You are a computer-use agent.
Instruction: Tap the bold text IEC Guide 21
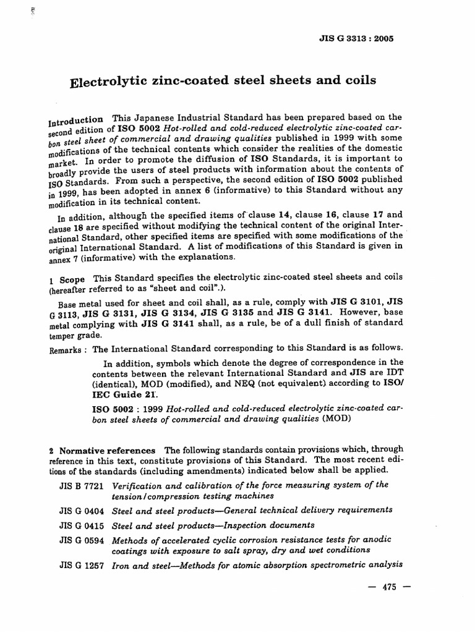122,394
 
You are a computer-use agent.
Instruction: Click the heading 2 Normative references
101,449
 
